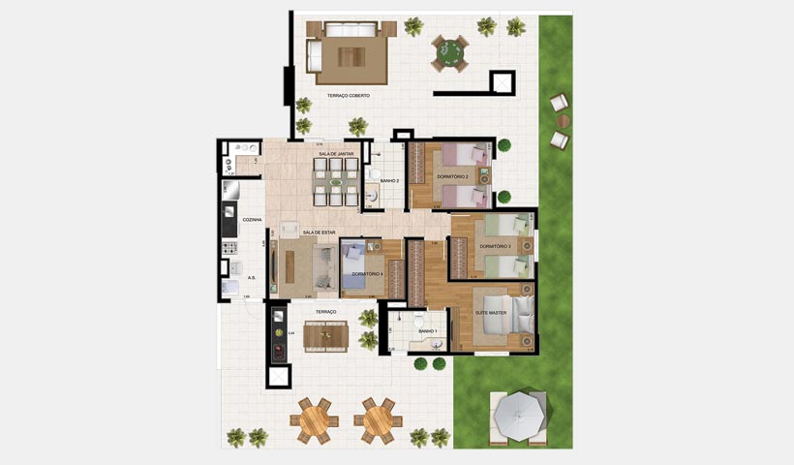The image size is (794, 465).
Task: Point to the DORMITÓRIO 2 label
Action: (x=452, y=177)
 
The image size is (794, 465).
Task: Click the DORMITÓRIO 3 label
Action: (x=495, y=246)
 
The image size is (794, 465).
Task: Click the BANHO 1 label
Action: (x=428, y=331)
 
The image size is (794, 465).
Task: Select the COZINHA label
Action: (x=252, y=220)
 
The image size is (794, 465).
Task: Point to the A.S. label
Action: (x=252, y=275)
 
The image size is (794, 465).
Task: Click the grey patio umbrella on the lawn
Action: (x=520, y=416)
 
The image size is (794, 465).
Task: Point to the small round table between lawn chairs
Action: (x=564, y=120)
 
